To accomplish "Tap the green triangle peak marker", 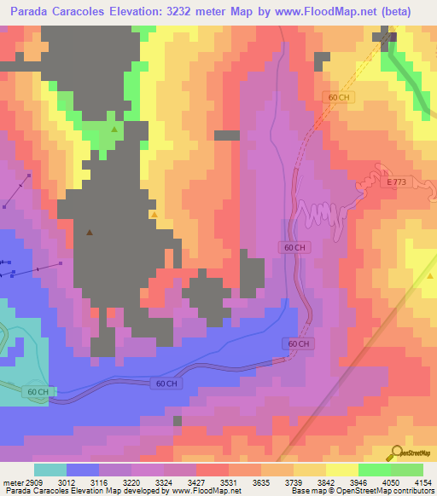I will tap(114, 129).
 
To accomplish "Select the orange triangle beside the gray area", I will tap(154, 215).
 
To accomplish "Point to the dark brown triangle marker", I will tap(90, 231).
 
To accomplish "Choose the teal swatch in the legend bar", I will tap(50, 470).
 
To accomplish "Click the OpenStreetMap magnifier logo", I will tap(397, 453).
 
